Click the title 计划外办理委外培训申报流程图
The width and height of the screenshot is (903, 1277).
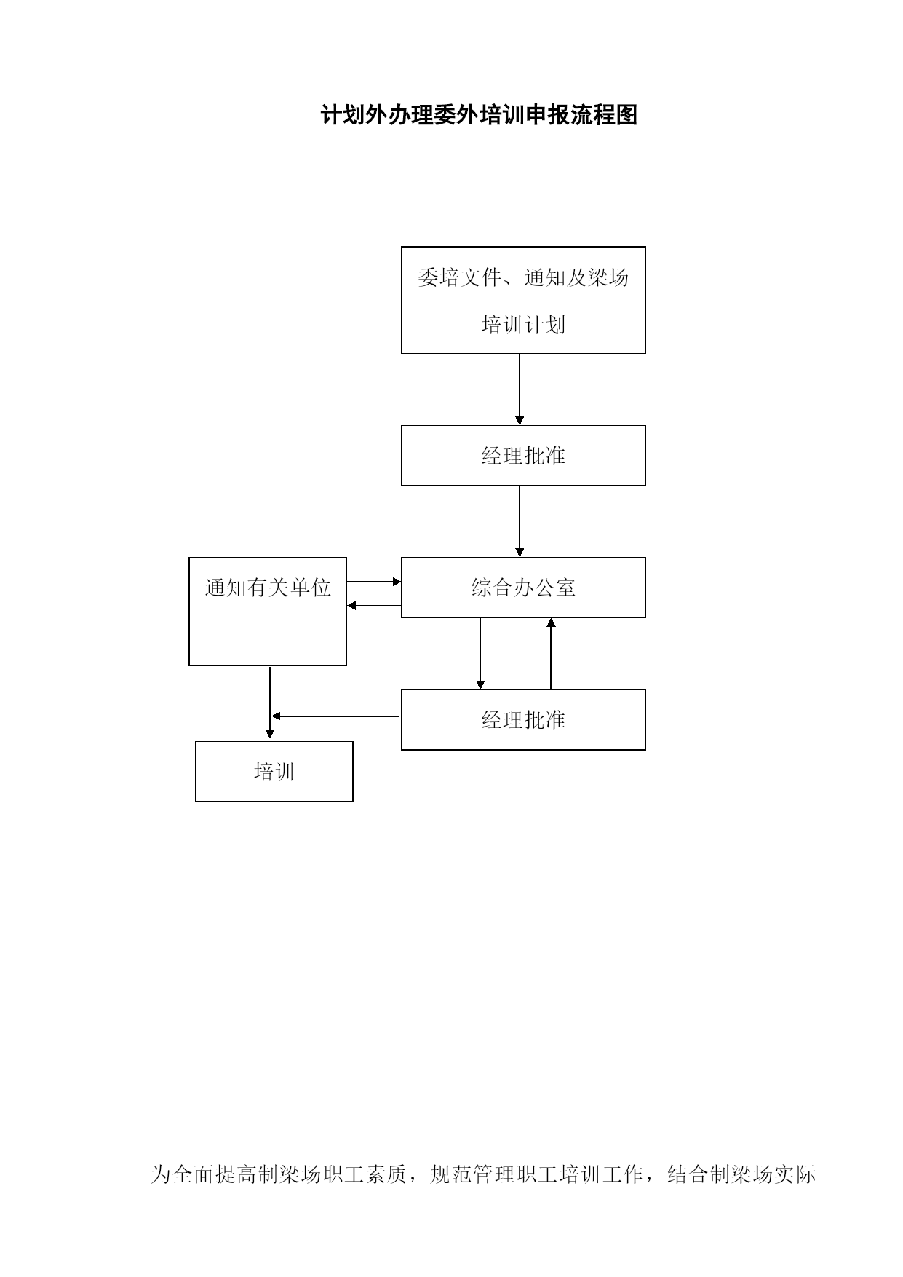[x=480, y=115]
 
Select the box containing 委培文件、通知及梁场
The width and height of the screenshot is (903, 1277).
[x=523, y=300]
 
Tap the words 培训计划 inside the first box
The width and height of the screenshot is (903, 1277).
[x=523, y=325]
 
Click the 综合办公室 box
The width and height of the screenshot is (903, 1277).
[x=523, y=588]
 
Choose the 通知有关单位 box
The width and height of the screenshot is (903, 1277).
[x=268, y=612]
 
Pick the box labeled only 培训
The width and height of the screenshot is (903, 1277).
[x=274, y=772]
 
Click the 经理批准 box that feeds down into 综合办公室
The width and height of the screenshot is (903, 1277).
[x=523, y=456]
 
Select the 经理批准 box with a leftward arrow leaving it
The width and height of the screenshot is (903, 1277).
[x=523, y=720]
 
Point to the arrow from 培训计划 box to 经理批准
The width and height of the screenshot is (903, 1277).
[x=520, y=390]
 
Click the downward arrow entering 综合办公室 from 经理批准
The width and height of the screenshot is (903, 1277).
[x=520, y=522]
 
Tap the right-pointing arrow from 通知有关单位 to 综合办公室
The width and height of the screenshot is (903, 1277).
[x=374, y=582]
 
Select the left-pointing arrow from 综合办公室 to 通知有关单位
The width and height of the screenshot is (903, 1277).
[x=374, y=606]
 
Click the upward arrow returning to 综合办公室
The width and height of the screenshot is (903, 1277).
[x=551, y=654]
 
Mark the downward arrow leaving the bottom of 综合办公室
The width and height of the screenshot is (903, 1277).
[x=480, y=654]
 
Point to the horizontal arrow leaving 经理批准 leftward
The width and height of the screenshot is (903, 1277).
[x=335, y=716]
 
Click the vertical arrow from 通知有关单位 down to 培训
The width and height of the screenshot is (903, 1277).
[x=270, y=703]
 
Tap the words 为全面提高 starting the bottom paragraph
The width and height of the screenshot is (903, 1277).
[x=193, y=1174]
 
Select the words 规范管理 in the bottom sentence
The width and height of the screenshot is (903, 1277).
[x=472, y=1174]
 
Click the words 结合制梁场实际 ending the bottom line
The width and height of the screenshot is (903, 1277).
[x=741, y=1174]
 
